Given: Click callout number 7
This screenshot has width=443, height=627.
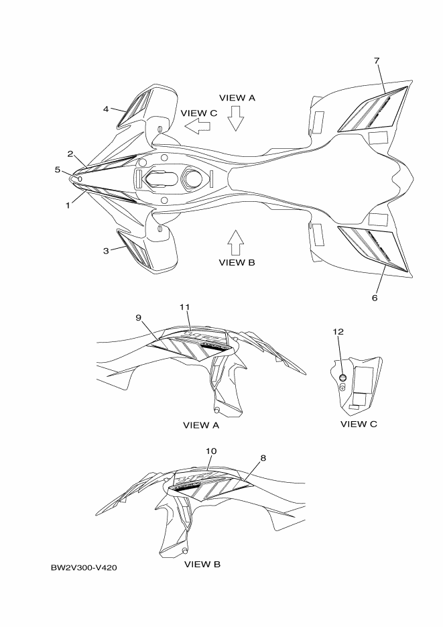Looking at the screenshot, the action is pos(377,61).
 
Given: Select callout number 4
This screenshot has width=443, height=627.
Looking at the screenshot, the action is pos(106,108).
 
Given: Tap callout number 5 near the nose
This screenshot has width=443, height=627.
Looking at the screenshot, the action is pos(58,170).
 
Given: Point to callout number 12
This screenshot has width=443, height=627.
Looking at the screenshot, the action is pos(338,331).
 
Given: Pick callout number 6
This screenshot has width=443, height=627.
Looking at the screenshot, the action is pos(375,296).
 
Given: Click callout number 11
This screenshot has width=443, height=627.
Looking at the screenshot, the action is pos(186,306).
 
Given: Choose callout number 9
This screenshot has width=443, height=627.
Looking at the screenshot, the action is pos(138,318).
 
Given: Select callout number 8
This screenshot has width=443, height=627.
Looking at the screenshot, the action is pos(263,458).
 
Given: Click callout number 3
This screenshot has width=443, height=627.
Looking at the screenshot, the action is pos(106,250).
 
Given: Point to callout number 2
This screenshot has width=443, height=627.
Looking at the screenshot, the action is pos(70,154).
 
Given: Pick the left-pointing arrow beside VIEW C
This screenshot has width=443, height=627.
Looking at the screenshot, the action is pos(198,125).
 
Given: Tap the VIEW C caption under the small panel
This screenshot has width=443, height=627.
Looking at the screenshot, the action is pos(359,424).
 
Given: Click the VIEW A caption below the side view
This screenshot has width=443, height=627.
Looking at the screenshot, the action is pos(201,425).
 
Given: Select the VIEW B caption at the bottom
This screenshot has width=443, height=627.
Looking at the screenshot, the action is pos(202,564).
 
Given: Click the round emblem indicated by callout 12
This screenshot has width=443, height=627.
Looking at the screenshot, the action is pos(343,378).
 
